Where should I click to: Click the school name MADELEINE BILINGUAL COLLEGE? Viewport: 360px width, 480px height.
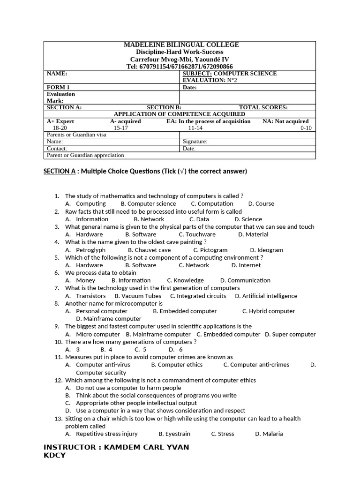pyautogui.click(x=181, y=45)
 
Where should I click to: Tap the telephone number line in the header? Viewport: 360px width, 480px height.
pyautogui.click(x=180, y=67)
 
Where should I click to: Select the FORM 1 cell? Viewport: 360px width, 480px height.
pyautogui.click(x=59, y=87)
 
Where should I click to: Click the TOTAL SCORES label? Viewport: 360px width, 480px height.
pyautogui.click(x=263, y=107)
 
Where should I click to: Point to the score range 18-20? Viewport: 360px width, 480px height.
pyautogui.click(x=60, y=127)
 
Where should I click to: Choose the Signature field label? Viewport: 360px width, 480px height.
pyautogui.click(x=195, y=141)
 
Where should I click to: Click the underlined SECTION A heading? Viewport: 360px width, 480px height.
pyautogui.click(x=59, y=171)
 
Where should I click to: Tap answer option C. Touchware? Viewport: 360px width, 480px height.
pyautogui.click(x=197, y=234)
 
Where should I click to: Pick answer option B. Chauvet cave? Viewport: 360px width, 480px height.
pyautogui.click(x=149, y=250)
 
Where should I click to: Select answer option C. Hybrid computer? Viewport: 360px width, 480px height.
pyautogui.click(x=269, y=311)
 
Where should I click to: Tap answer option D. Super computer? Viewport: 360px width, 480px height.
pyautogui.click(x=290, y=334)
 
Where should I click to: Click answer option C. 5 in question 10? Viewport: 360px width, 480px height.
pyautogui.click(x=140, y=349)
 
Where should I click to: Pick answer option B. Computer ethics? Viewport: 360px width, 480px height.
pyautogui.click(x=177, y=364)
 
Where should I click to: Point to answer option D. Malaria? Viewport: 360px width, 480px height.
pyautogui.click(x=269, y=434)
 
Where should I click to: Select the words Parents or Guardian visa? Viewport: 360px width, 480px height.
pyautogui.click(x=76, y=135)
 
